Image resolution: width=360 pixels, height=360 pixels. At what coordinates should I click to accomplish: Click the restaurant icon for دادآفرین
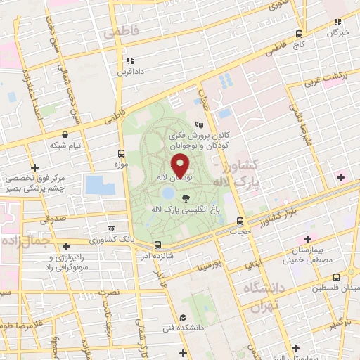tap(129, 60)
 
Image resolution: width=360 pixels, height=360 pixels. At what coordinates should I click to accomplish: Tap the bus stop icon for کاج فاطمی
tap(300, 34)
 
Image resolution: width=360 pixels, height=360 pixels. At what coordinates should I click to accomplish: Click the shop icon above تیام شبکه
tap(65, 134)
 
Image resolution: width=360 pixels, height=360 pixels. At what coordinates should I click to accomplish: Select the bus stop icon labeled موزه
tap(122, 153)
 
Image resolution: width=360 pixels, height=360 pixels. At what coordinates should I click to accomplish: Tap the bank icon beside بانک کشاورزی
tap(111, 229)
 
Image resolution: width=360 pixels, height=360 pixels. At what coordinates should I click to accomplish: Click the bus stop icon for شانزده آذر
tap(157, 245)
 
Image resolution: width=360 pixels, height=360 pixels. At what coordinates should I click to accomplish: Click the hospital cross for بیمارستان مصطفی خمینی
tap(307, 240)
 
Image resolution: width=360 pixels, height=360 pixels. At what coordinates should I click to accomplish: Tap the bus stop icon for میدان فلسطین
tap(337, 276)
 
